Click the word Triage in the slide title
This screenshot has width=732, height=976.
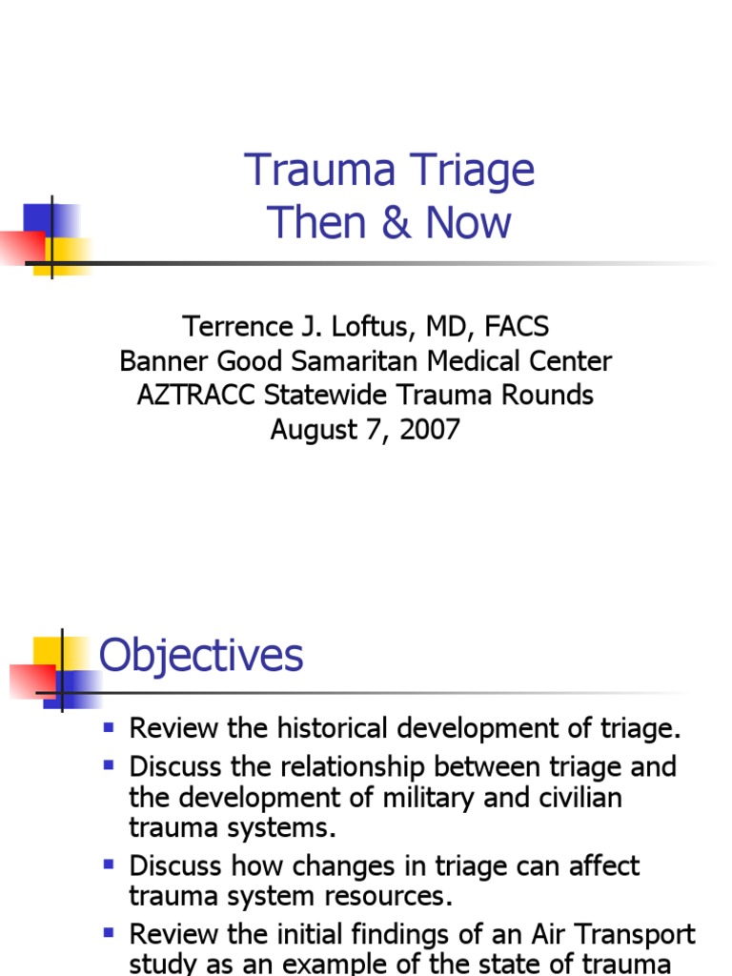click(x=460, y=172)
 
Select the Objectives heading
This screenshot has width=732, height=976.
click(x=201, y=656)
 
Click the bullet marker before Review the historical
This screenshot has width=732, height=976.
click(x=109, y=729)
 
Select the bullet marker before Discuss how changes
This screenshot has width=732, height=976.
click(x=109, y=865)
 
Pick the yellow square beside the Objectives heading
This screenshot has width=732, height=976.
click(x=50, y=653)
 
